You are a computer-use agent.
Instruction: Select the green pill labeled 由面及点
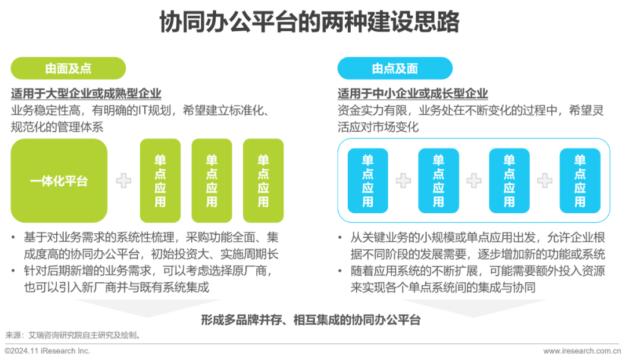tap(68, 68)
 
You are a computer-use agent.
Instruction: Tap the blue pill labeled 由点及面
tap(395, 68)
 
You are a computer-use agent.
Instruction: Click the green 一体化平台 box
tap(59, 180)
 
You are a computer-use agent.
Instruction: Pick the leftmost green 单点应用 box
tap(161, 180)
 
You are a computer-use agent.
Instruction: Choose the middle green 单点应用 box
tap(212, 180)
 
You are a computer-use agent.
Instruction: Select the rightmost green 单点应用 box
tap(263, 180)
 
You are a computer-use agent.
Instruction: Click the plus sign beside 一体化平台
tap(123, 181)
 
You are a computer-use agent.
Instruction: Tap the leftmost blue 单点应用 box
tap(368, 180)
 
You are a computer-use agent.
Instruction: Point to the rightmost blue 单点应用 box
tap(580, 180)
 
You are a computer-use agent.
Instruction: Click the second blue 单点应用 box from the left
tap(439, 180)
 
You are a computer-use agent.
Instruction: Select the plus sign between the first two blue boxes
tap(403, 181)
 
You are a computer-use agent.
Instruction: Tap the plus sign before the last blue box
tap(544, 181)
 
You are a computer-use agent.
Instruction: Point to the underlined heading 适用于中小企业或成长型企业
tap(413, 93)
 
